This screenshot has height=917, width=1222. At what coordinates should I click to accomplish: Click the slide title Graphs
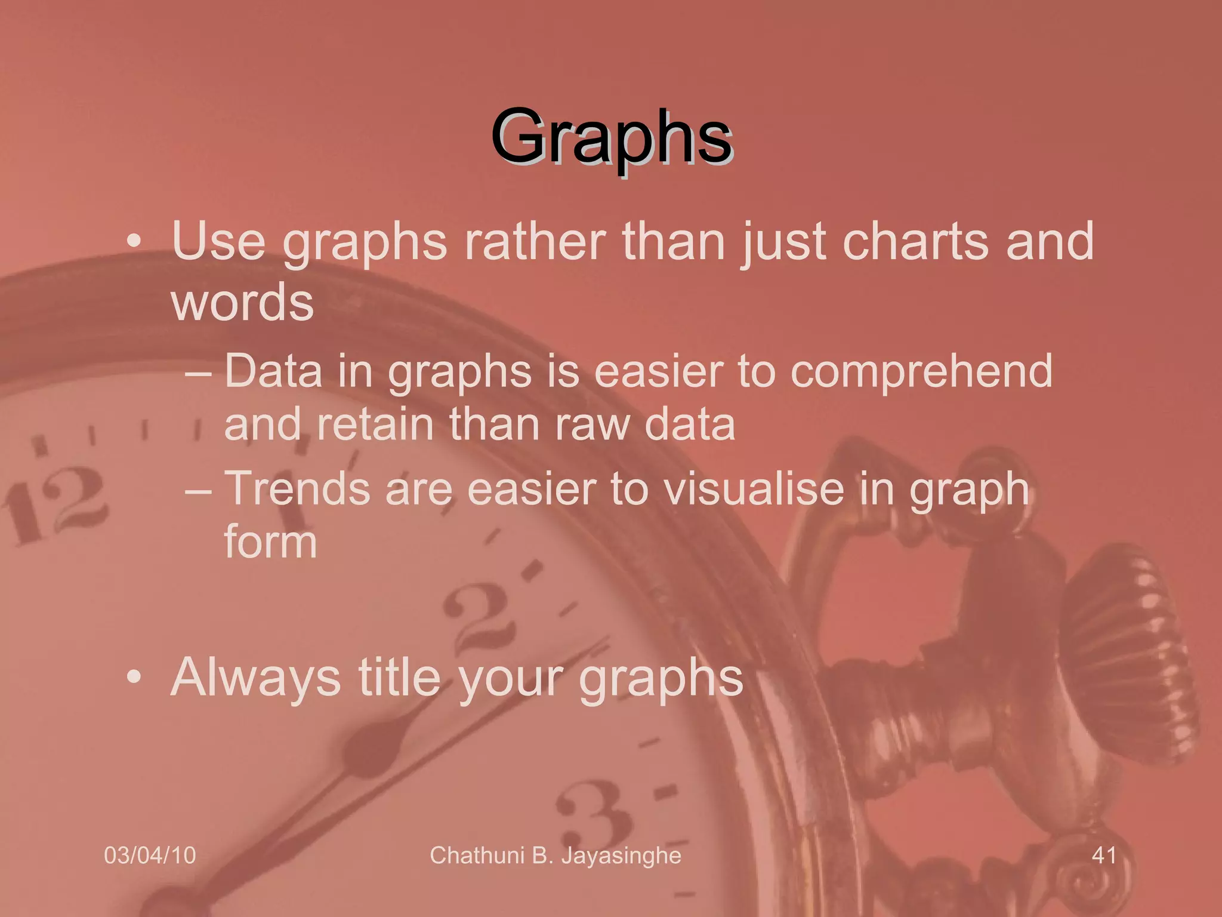612,139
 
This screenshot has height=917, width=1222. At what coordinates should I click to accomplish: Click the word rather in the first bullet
535,242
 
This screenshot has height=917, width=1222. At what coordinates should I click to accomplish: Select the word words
242,303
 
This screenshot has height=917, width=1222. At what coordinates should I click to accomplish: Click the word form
270,542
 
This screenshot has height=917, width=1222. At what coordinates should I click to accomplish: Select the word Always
255,678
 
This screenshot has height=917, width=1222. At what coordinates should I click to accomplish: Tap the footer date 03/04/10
150,856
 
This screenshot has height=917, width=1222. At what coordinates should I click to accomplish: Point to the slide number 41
1104,856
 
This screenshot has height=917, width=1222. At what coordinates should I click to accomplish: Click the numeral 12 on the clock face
57,505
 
